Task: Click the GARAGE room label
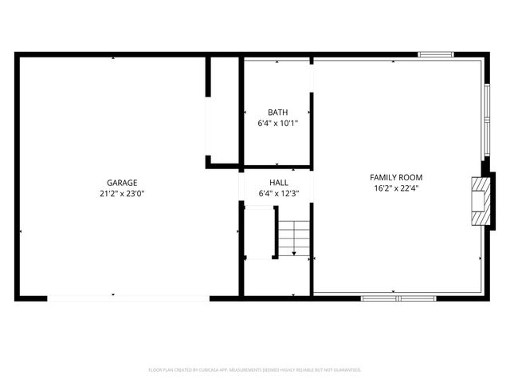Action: pyautogui.click(x=123, y=182)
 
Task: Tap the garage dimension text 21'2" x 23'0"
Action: pyautogui.click(x=123, y=193)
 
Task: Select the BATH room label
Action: pyautogui.click(x=277, y=113)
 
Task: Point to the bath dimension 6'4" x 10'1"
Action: pyautogui.click(x=277, y=124)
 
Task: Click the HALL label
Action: pyautogui.click(x=278, y=183)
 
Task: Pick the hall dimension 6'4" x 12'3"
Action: pyautogui.click(x=278, y=194)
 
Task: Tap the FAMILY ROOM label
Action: pyautogui.click(x=396, y=177)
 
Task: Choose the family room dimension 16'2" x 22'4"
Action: pyautogui.click(x=396, y=189)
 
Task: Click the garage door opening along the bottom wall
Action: pyautogui.click(x=127, y=298)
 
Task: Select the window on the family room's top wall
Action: pyautogui.click(x=436, y=54)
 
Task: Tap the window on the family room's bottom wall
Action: pyautogui.click(x=398, y=298)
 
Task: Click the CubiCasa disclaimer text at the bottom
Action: pyautogui.click(x=255, y=370)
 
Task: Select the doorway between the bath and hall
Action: pyautogui.click(x=277, y=169)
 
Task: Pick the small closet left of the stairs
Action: pyautogui.click(x=258, y=231)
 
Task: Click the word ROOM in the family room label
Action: pyautogui.click(x=411, y=177)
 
